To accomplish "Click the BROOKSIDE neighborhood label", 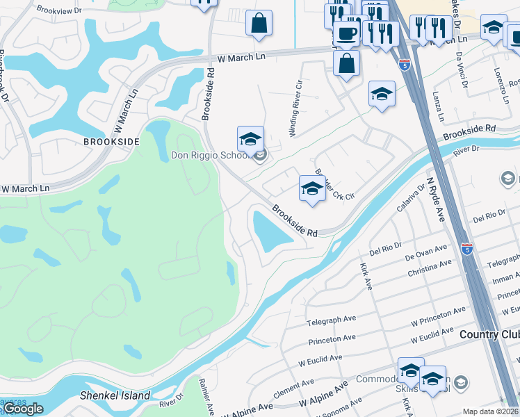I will (111, 141).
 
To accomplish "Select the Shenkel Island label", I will (115, 395).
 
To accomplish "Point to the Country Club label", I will (489, 334).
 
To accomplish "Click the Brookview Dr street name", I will (59, 10).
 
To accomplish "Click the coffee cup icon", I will (346, 33).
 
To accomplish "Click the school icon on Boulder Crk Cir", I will (312, 188).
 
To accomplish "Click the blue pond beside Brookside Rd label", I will (270, 231).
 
